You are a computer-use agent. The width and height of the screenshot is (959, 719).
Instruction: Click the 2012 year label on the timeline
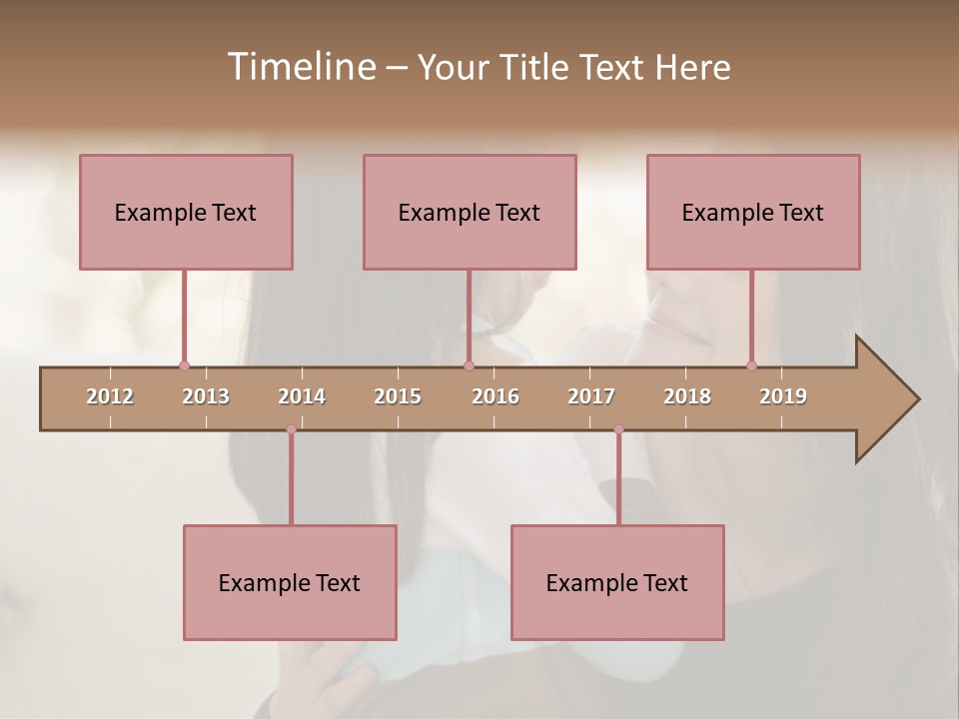[110, 396]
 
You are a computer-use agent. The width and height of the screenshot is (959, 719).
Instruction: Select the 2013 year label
[206, 396]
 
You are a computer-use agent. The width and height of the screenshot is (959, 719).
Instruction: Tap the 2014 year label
[302, 396]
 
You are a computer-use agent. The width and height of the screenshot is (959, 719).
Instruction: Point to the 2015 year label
[398, 396]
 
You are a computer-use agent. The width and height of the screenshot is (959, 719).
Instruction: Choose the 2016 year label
[495, 396]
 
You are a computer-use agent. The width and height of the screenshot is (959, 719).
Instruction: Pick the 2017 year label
[591, 396]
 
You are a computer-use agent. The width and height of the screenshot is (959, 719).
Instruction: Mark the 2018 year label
[687, 396]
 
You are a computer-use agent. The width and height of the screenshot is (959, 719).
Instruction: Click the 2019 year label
[783, 396]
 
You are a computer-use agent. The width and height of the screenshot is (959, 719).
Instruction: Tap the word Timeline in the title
[300, 67]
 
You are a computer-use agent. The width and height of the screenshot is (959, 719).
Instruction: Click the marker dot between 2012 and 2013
[184, 365]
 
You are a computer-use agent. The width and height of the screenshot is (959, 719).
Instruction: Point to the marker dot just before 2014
[291, 428]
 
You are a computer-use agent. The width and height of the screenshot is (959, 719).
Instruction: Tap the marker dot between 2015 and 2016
[469, 365]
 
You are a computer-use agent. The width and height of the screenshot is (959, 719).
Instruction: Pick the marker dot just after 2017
[618, 428]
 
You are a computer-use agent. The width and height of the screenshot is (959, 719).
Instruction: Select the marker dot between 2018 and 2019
[751, 365]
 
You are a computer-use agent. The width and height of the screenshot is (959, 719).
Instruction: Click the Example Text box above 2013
[186, 212]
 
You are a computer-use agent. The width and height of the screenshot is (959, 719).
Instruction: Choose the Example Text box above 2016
[470, 212]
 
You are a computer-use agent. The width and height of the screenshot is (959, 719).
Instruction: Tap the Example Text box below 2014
[290, 582]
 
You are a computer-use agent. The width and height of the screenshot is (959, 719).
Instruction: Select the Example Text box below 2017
[617, 582]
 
